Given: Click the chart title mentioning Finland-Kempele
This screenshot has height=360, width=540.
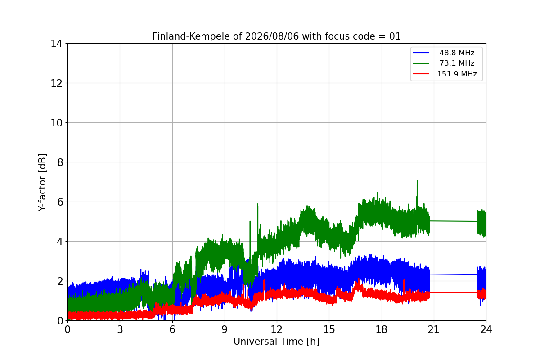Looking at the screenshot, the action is click(x=276, y=36).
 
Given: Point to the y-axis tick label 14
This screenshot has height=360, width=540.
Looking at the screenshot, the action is click(x=56, y=44).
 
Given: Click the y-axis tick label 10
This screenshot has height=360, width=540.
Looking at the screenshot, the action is click(x=56, y=123).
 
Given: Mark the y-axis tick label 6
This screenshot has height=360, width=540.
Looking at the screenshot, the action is click(x=60, y=202).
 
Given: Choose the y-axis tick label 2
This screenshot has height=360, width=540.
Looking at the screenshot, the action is click(x=60, y=281).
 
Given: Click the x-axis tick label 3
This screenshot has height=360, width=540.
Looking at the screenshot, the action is click(x=120, y=329).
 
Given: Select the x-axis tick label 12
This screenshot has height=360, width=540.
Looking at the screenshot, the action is click(x=277, y=329).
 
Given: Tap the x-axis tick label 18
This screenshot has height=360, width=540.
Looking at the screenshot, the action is click(x=382, y=329).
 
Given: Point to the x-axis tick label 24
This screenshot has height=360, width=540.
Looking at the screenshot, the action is click(x=486, y=329).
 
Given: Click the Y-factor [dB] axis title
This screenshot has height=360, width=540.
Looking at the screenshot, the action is click(x=42, y=183).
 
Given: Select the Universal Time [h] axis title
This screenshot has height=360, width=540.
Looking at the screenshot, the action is click(x=276, y=342).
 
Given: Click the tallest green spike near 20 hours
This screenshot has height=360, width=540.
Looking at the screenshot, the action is click(x=417, y=180).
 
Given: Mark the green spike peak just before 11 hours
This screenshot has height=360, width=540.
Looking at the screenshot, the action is click(x=258, y=204).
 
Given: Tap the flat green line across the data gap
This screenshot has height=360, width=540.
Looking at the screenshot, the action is click(x=453, y=221).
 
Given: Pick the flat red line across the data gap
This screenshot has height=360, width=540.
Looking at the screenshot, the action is click(x=453, y=292).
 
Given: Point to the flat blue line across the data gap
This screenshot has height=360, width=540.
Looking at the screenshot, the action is click(x=453, y=274).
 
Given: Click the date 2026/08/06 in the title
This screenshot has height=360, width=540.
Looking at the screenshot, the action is click(x=272, y=36).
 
